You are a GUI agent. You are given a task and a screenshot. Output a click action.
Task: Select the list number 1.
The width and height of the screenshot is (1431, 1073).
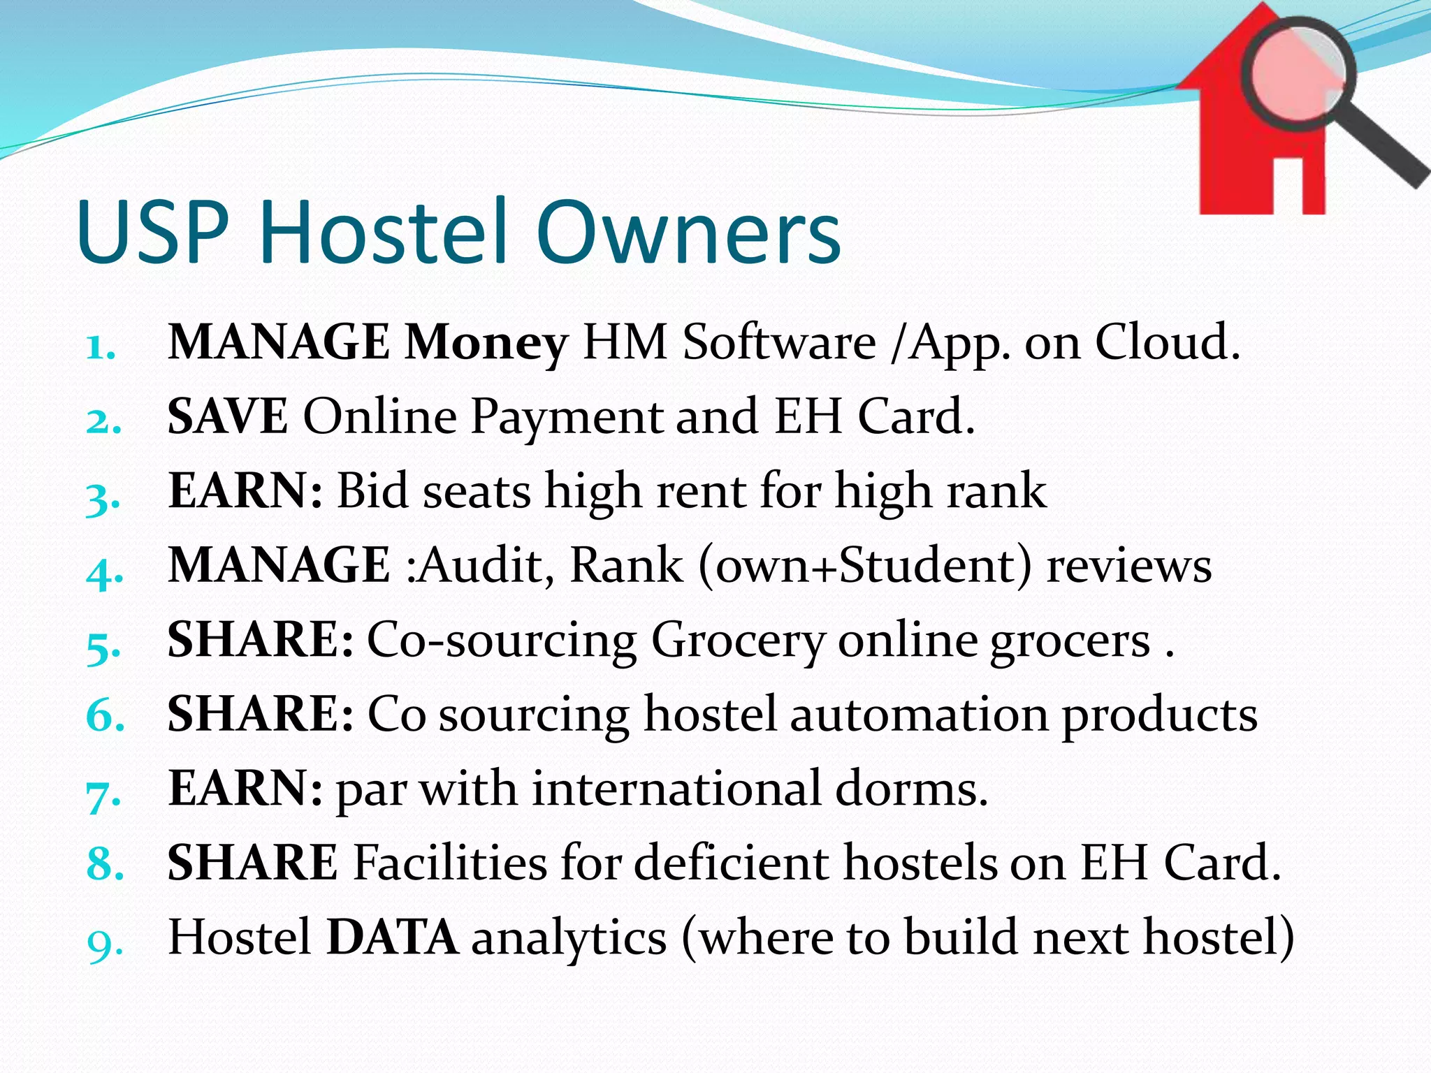click(x=101, y=347)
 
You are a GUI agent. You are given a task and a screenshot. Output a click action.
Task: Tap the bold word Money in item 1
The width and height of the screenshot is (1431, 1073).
click(x=486, y=343)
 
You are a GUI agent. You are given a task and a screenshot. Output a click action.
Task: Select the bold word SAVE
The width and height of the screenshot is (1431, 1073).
click(x=227, y=417)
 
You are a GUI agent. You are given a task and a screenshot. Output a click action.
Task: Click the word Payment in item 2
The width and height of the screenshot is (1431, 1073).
click(x=565, y=417)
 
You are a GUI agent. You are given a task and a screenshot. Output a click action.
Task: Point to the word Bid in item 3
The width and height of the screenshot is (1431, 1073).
click(x=372, y=490)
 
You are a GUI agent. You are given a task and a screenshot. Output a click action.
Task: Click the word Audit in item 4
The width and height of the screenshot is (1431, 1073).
click(x=480, y=565)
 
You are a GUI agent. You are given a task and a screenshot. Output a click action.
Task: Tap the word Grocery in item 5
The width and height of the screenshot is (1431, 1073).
click(x=738, y=641)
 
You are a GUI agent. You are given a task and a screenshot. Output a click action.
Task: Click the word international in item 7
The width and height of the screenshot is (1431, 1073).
click(x=676, y=789)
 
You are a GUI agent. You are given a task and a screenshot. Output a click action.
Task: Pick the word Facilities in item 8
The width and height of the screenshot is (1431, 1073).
click(x=450, y=863)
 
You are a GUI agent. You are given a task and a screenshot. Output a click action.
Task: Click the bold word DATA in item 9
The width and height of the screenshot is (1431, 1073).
click(x=393, y=937)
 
